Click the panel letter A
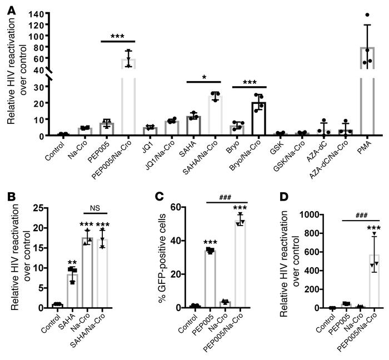pos(6,7)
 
